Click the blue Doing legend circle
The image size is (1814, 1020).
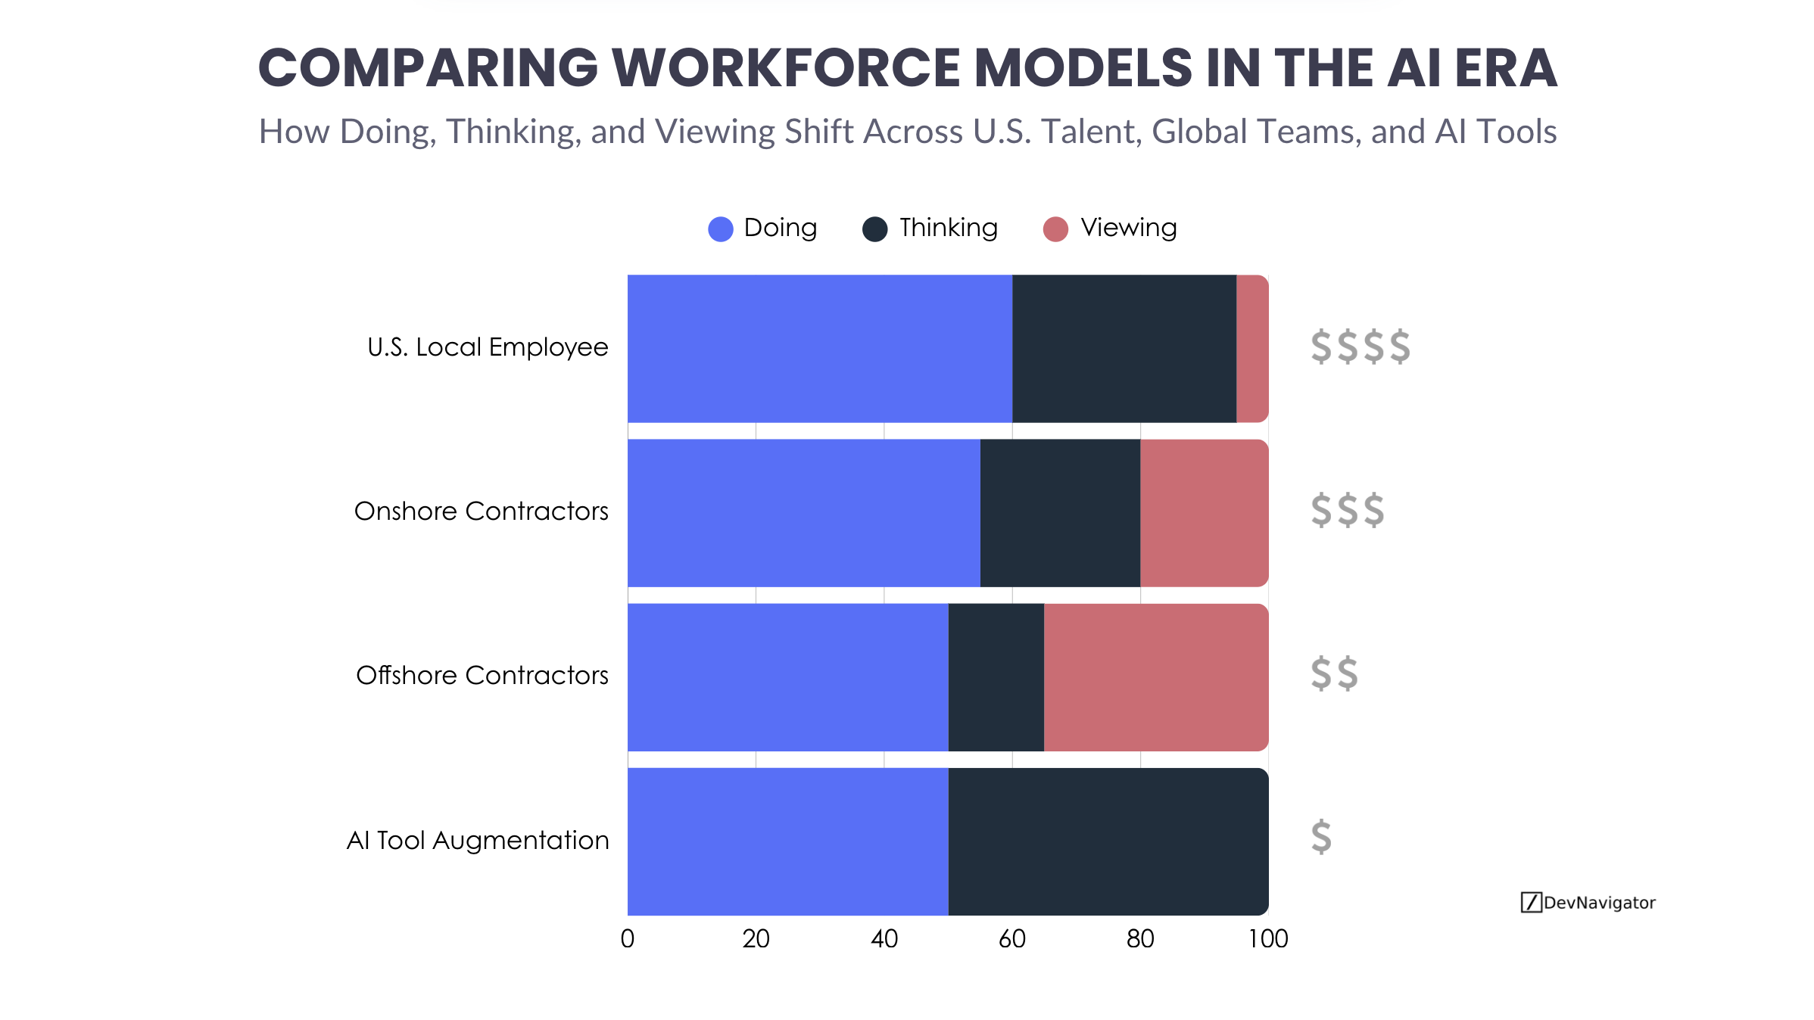pyautogui.click(x=720, y=229)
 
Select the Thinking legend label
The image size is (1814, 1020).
pyautogui.click(x=948, y=228)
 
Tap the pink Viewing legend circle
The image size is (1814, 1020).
pyautogui.click(x=1055, y=229)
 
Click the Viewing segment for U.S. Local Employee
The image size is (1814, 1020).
pyautogui.click(x=1251, y=348)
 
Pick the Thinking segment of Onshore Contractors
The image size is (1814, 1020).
pyautogui.click(x=1059, y=512)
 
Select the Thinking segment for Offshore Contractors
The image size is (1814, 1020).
pyautogui.click(x=996, y=676)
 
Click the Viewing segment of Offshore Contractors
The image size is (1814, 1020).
pyautogui.click(x=1155, y=676)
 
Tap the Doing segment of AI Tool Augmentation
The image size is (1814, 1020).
pyautogui.click(x=787, y=841)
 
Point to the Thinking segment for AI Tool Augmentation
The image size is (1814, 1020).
pyautogui.click(x=1108, y=841)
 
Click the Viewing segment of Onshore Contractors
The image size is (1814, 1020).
pyautogui.click(x=1204, y=512)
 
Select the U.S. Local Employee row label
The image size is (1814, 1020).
pyautogui.click(x=488, y=347)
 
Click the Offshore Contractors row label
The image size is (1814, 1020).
pyautogui.click(x=482, y=675)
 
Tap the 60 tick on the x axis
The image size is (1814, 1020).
pyautogui.click(x=1011, y=939)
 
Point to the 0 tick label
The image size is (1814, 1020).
pyautogui.click(x=627, y=939)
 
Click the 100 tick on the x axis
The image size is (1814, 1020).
pyautogui.click(x=1267, y=939)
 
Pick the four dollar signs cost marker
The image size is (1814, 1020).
pyautogui.click(x=1360, y=347)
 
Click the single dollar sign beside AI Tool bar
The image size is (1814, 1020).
pyautogui.click(x=1321, y=837)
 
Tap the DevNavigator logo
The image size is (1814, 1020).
pyautogui.click(x=1588, y=902)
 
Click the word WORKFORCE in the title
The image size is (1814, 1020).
pyautogui.click(x=786, y=68)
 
